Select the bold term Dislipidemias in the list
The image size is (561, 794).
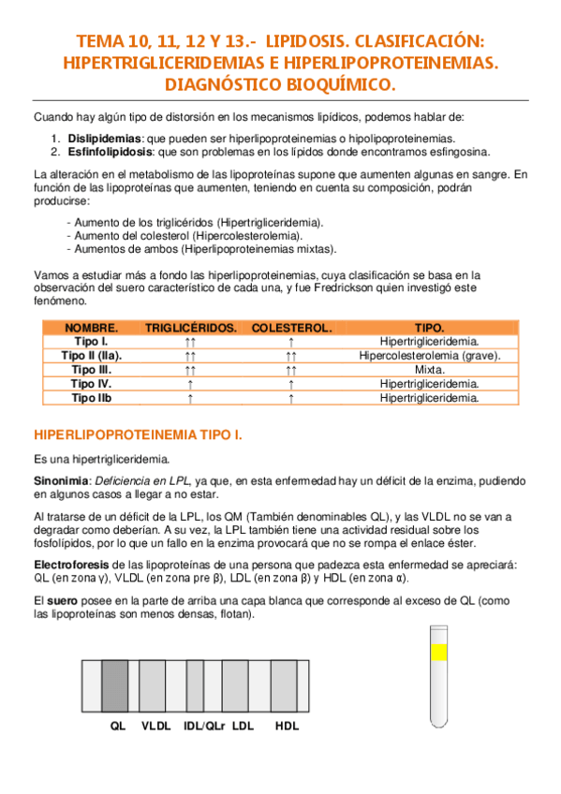click(x=100, y=140)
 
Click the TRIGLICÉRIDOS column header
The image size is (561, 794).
click(x=190, y=329)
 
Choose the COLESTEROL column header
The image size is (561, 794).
click(x=291, y=329)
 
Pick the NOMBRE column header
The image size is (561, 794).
click(x=91, y=329)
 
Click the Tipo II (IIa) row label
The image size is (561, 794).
click(x=91, y=356)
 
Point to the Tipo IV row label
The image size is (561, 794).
click(x=91, y=384)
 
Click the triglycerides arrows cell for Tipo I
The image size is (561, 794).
click(x=190, y=343)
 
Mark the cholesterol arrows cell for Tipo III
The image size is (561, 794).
click(x=291, y=370)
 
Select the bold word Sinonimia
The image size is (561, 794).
click(x=60, y=479)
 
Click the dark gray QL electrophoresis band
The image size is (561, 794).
click(x=115, y=686)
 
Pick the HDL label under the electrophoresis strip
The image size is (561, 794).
click(x=287, y=726)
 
